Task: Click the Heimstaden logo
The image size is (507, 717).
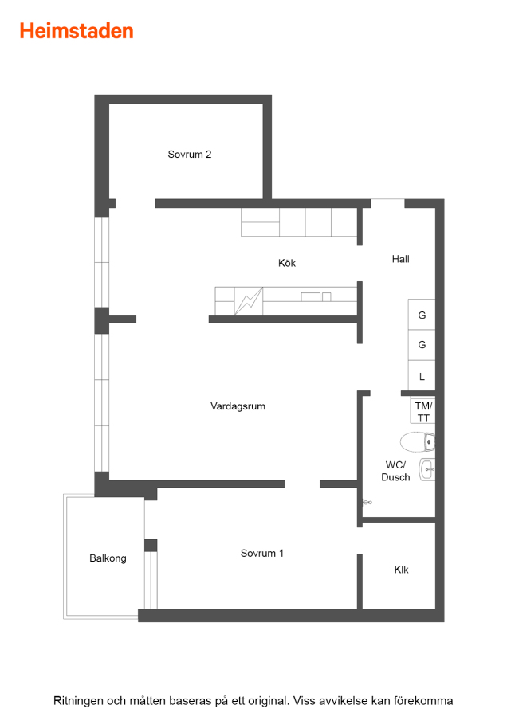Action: (x=77, y=31)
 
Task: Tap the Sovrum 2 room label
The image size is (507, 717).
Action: (x=190, y=155)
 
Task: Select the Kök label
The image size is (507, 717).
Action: (x=287, y=263)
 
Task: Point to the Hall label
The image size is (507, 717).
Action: (x=400, y=259)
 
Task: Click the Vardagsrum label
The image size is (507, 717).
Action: (x=238, y=406)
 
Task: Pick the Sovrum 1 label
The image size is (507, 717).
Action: (x=262, y=554)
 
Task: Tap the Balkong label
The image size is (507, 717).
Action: (x=108, y=558)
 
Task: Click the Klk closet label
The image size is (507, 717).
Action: (x=401, y=570)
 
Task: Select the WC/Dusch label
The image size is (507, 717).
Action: (x=396, y=471)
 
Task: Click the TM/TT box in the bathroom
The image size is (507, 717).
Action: (x=422, y=412)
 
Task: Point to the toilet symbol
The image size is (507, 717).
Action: (x=417, y=441)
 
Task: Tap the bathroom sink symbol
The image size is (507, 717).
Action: (x=427, y=469)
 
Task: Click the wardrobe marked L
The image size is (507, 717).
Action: (x=422, y=376)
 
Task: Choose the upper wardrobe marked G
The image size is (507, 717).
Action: (x=422, y=315)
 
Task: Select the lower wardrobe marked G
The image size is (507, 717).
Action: (x=422, y=345)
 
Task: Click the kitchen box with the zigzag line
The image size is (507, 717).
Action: (x=249, y=301)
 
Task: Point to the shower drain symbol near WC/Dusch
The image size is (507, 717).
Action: (x=367, y=503)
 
